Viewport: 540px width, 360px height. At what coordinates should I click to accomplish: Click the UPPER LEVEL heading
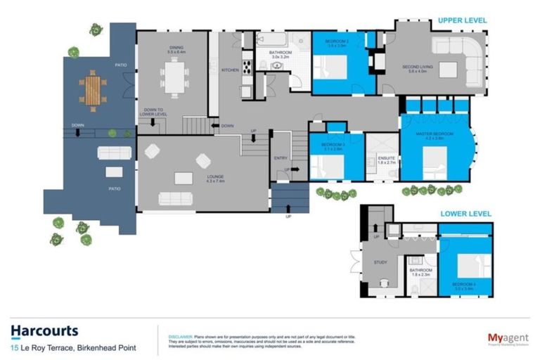pyautogui.click(x=462, y=20)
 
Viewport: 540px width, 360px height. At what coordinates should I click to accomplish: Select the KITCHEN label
pyautogui.click(x=231, y=70)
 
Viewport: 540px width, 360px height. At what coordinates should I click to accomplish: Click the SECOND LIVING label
pyautogui.click(x=413, y=67)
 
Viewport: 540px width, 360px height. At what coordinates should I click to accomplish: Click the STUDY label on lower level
pyautogui.click(x=380, y=264)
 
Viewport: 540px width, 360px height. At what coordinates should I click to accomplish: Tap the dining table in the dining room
pyautogui.click(x=172, y=75)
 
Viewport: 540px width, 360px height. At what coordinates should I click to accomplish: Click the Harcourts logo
pyautogui.click(x=44, y=331)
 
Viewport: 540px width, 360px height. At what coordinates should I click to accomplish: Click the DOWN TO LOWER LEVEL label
pyautogui.click(x=153, y=112)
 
